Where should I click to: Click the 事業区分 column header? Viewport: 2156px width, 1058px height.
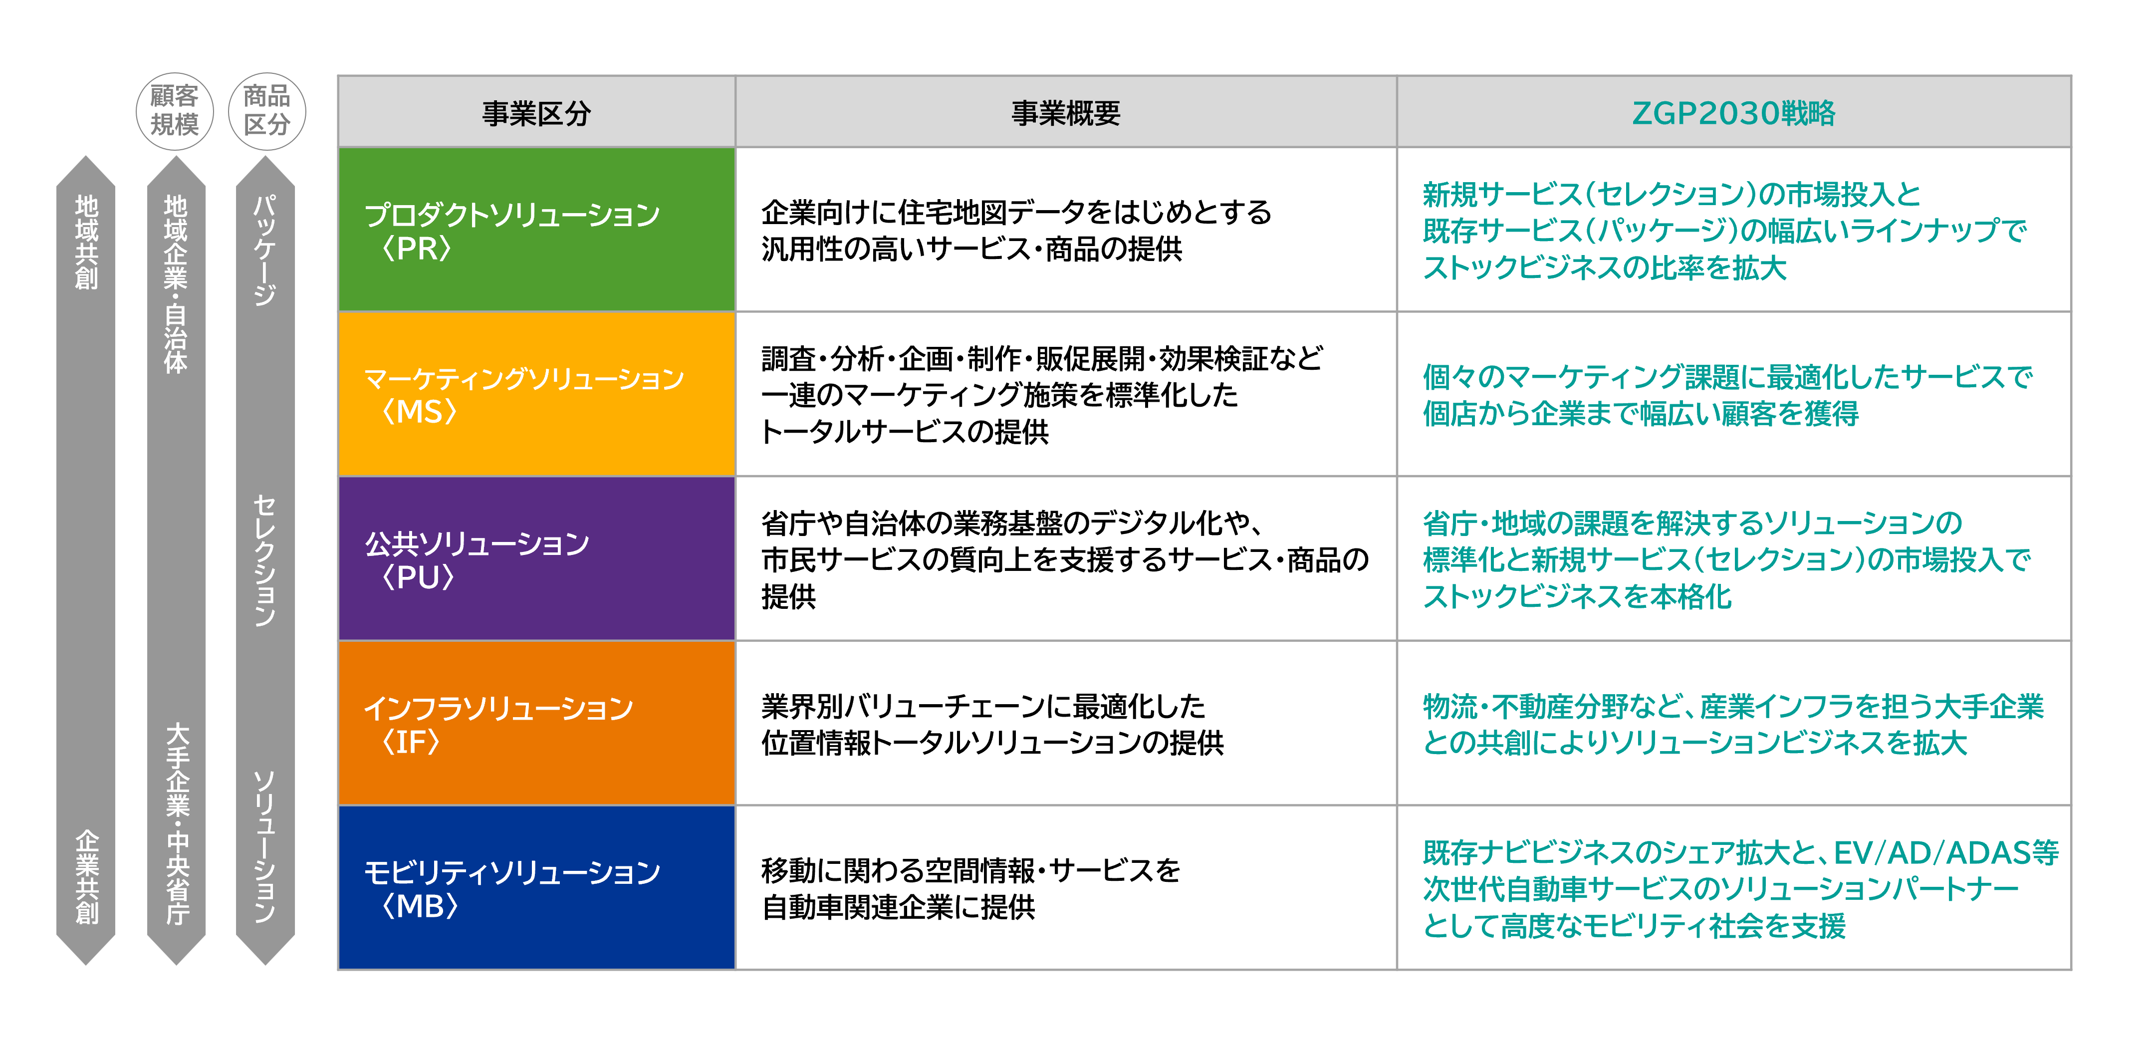[x=536, y=112]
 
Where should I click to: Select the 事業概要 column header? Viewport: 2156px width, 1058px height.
[x=1065, y=112]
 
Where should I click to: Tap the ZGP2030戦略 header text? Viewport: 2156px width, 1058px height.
[x=1733, y=112]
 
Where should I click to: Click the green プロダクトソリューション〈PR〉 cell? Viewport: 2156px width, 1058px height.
[x=536, y=230]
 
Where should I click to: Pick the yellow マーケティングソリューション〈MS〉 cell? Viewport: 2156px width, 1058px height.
[x=536, y=393]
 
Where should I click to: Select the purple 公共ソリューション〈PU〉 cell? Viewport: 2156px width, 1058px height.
[x=536, y=558]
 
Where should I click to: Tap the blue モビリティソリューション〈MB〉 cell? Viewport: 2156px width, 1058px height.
[x=536, y=887]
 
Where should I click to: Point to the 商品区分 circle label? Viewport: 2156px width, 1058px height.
[x=267, y=110]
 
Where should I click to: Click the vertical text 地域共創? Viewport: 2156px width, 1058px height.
[x=86, y=243]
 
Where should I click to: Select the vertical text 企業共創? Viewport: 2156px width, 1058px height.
[x=86, y=876]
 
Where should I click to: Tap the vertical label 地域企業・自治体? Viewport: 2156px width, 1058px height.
[x=176, y=284]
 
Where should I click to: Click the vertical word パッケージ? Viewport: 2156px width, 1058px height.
[x=264, y=250]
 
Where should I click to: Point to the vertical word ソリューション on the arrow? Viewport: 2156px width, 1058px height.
[x=264, y=846]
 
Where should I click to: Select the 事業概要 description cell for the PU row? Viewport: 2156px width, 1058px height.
[x=1065, y=558]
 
